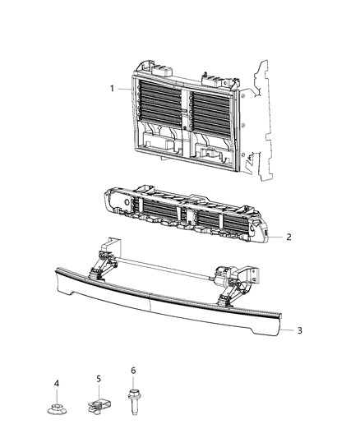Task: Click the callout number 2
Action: [x=288, y=237]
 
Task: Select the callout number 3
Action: [x=299, y=330]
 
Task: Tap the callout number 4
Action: [x=57, y=383]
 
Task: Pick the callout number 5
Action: [x=99, y=378]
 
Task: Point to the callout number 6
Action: [x=133, y=371]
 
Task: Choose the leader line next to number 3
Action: [x=288, y=330]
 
